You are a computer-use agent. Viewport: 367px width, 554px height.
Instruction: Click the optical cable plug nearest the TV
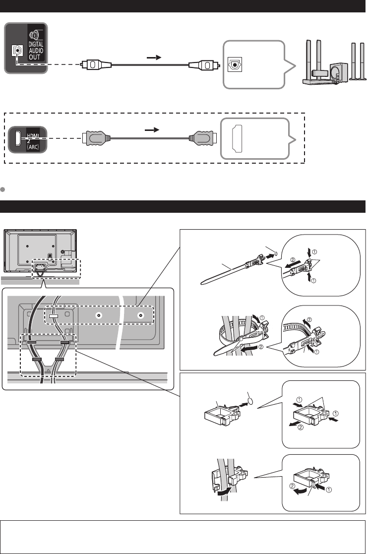[x=93, y=64]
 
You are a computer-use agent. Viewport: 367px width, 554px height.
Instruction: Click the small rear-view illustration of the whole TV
[x=41, y=250]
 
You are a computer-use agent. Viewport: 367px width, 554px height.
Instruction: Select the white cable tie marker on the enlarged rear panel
[x=54, y=316]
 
